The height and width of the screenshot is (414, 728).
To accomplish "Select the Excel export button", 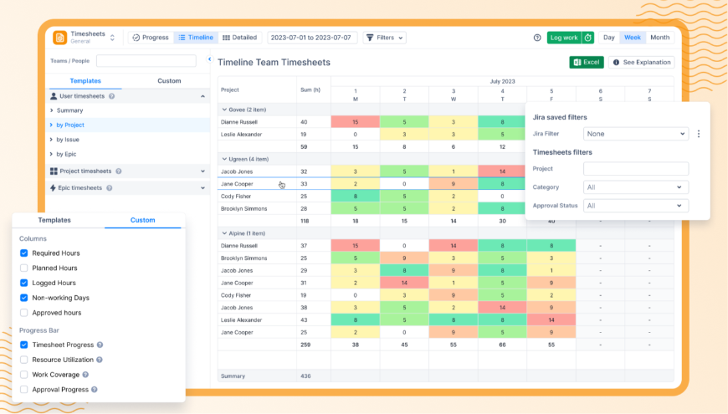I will point(587,62).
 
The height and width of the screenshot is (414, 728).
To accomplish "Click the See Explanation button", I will point(641,62).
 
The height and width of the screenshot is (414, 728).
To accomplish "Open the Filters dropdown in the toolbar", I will point(385,38).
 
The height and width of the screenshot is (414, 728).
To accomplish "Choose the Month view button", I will point(659,38).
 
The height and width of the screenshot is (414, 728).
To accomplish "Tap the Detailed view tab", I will point(239,38).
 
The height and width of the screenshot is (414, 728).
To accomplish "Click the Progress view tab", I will point(151,38).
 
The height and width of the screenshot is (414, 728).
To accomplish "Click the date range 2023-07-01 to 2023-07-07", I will point(313,38).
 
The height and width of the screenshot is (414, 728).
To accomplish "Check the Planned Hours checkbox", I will point(24,268).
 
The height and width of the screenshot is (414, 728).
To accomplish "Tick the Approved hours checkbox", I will point(24,313).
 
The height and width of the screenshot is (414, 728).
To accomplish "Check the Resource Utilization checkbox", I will point(24,360).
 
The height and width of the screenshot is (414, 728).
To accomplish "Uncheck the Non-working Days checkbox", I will point(24,298).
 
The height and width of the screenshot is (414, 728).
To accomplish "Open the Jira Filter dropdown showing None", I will point(636,134).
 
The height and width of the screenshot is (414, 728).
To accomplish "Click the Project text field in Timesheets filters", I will point(636,169).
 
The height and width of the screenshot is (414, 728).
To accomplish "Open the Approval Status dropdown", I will point(636,206).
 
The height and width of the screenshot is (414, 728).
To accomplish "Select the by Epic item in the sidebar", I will point(68,155).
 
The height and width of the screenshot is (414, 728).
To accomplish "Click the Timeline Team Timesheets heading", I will point(274,63).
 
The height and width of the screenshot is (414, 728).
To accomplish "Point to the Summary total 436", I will point(305,376).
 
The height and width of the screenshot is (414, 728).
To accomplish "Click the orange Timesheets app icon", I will point(60,38).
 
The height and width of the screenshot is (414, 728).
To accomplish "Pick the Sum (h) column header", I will point(310,89).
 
